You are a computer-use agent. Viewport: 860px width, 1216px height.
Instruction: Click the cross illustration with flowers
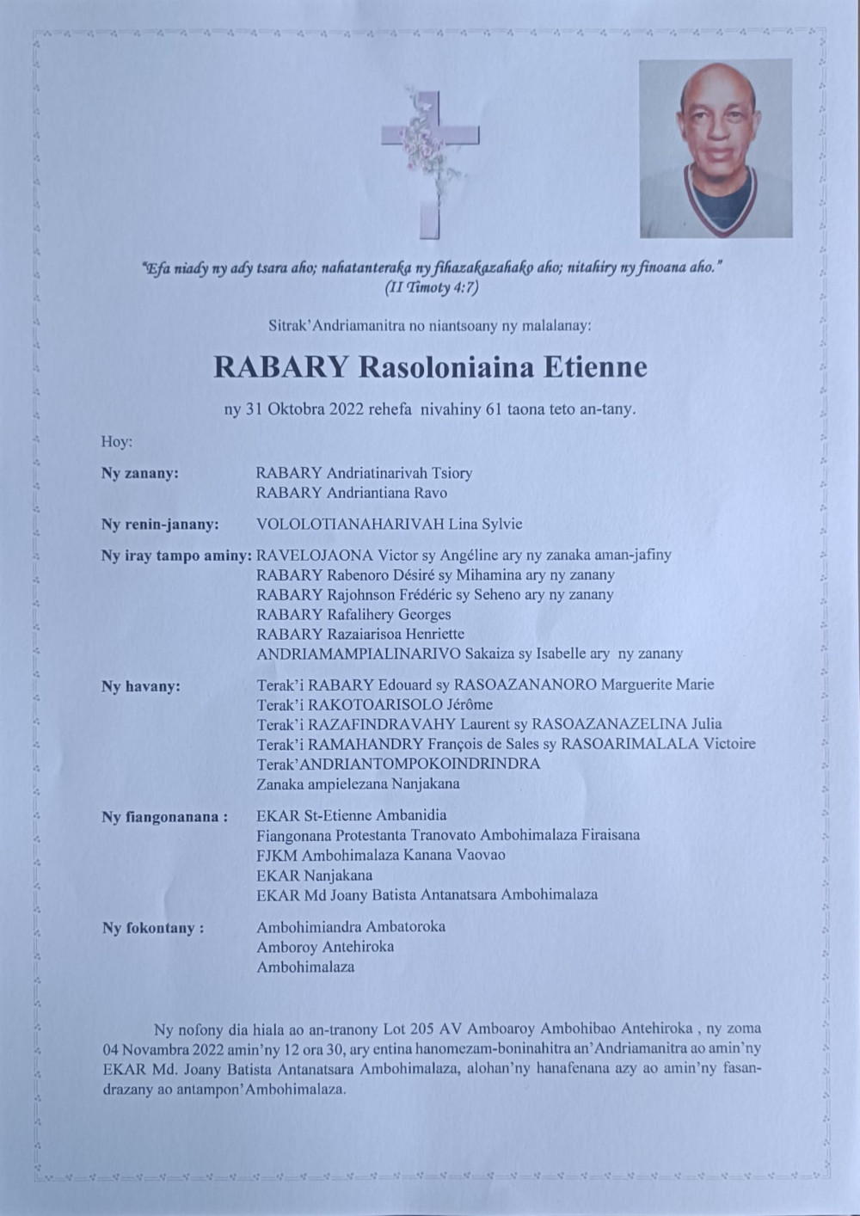[x=430, y=163]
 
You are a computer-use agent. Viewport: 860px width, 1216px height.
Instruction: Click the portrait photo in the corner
[x=716, y=148]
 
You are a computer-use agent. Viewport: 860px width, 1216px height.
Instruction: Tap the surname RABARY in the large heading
[x=280, y=367]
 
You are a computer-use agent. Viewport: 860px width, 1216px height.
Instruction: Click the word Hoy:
[x=117, y=442]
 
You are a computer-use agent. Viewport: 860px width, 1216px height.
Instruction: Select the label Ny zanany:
[x=140, y=473]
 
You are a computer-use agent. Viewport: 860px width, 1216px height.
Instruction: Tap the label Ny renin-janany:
[x=160, y=525]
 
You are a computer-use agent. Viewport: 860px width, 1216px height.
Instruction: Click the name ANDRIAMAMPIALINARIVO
[x=359, y=654]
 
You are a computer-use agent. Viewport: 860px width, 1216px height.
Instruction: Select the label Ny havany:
[x=141, y=686]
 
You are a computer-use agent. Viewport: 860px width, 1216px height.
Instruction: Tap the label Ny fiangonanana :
[x=164, y=817]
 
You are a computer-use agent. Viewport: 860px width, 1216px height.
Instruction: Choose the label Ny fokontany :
[x=153, y=929]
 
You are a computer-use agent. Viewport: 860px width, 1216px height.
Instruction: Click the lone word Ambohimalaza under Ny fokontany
[x=305, y=967]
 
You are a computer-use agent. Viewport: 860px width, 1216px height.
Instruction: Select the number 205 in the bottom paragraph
[x=421, y=1029]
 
